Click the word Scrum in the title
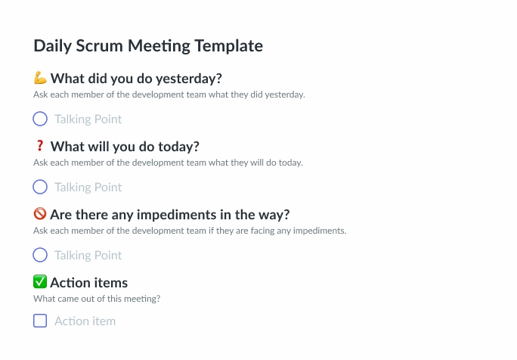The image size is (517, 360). click(100, 46)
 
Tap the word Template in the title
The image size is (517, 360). click(228, 46)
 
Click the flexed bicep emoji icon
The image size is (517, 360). click(41, 78)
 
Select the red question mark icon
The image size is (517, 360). click(40, 146)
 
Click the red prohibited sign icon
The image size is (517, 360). click(41, 214)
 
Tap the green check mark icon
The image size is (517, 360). click(41, 282)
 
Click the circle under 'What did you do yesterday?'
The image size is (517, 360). click(40, 119)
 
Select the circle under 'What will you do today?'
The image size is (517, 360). click(40, 187)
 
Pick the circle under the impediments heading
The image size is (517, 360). click(40, 255)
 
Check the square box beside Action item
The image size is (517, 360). click(40, 321)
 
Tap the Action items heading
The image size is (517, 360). click(88, 283)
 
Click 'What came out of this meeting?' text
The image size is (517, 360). click(96, 299)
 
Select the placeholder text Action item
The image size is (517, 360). click(85, 321)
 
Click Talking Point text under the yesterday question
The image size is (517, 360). click(88, 119)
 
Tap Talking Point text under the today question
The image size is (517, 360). click(88, 188)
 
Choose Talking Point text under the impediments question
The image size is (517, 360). click(88, 256)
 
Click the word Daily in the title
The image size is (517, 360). click(52, 46)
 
